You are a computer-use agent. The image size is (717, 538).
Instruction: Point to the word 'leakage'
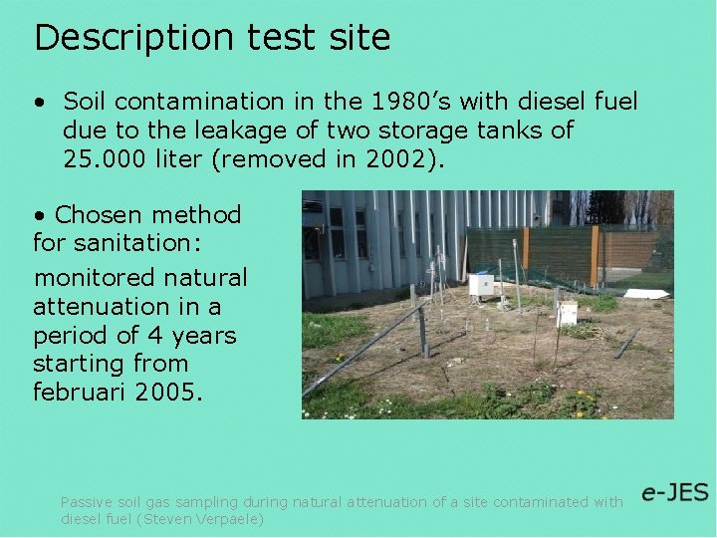pos(206,131)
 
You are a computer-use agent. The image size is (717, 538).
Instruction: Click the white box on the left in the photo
pos(481,285)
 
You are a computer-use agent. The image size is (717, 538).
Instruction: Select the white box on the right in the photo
pos(567,313)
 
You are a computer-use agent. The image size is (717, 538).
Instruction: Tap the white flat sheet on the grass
pos(646,294)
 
